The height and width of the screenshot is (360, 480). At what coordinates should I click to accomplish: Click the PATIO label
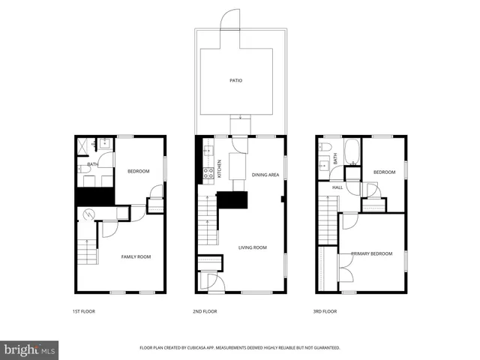(x=235, y=80)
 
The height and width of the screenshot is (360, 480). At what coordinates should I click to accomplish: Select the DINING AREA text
(x=265, y=175)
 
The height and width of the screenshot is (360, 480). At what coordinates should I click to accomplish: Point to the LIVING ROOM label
(x=253, y=247)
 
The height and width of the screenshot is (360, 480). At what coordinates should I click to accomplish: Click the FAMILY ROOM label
(x=136, y=256)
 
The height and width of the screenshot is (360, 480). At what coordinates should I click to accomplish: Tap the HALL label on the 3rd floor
(x=337, y=187)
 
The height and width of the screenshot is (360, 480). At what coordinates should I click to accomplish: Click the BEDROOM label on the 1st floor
(x=138, y=171)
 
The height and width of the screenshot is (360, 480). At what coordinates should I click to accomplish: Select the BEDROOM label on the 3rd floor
(x=384, y=172)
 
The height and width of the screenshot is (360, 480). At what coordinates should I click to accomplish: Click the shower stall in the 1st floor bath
(x=86, y=145)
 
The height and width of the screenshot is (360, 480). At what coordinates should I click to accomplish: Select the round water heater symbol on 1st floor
(x=89, y=214)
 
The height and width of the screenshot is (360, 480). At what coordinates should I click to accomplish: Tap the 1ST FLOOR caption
(x=84, y=310)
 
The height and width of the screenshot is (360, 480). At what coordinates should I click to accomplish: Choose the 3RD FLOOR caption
(x=325, y=310)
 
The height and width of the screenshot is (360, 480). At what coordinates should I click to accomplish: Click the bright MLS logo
(x=30, y=349)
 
